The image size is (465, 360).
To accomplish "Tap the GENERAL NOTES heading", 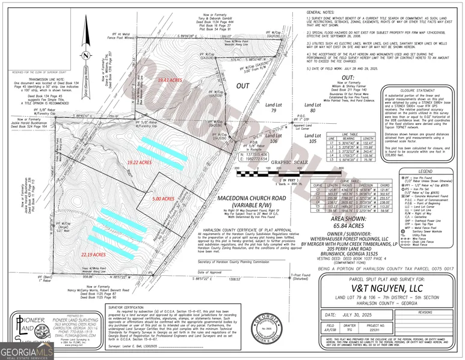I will click(x=321, y=12).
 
